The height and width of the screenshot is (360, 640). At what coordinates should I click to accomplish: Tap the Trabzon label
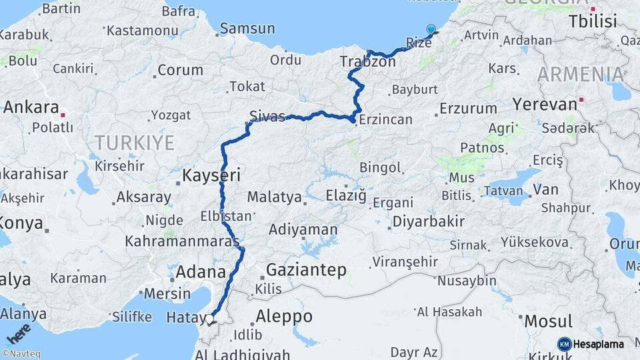367,61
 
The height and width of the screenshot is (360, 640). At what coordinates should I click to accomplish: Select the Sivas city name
267,116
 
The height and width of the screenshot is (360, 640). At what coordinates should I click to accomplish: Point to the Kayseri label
211,176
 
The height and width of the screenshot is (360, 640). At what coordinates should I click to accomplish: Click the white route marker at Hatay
210,319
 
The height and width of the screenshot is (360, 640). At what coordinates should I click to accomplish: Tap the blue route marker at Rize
431,29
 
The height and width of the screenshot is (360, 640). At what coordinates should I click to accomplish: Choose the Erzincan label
385,120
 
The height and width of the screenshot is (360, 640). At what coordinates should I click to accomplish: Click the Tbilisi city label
593,21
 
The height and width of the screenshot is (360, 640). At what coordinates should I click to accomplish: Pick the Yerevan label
545,105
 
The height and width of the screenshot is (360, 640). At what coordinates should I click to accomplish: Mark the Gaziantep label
306,270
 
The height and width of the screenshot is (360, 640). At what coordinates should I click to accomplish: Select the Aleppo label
285,317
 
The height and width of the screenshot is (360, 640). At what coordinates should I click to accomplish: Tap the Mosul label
548,321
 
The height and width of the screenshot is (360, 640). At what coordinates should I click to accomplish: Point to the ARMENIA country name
579,75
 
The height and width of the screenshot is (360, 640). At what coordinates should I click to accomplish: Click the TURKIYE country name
134,143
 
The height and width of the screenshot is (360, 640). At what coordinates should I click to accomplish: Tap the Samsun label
247,29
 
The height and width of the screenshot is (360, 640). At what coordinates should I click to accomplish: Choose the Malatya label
274,197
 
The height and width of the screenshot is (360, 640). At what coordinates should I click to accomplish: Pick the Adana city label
201,272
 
